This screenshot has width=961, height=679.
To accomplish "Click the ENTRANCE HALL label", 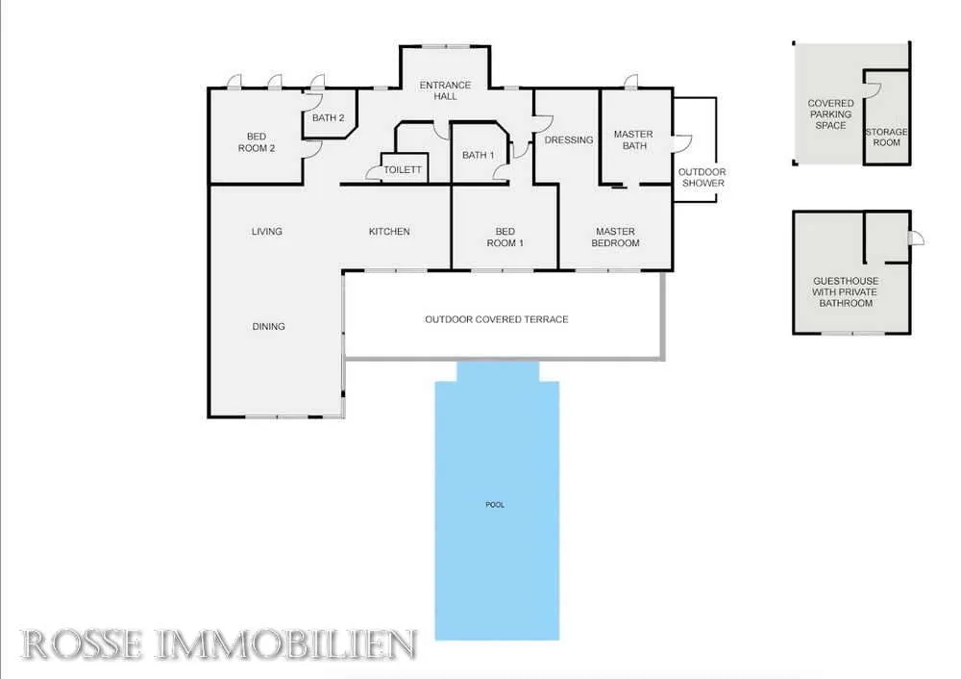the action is [x=445, y=90].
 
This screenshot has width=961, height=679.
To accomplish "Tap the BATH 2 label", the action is [x=328, y=117].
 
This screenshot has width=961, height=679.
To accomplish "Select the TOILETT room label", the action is [x=403, y=170].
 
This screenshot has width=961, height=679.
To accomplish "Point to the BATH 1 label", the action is [x=478, y=155].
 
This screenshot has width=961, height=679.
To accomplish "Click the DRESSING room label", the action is [x=569, y=139].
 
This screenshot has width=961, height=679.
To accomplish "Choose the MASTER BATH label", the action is [x=633, y=139].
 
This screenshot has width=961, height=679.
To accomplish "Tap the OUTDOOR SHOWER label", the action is [x=702, y=177].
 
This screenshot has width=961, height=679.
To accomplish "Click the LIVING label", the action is [x=266, y=231].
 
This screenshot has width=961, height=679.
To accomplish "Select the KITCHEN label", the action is [x=389, y=231].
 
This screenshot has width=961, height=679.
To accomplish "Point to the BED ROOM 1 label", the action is [x=505, y=238].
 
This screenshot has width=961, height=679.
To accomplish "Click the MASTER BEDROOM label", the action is [x=615, y=238].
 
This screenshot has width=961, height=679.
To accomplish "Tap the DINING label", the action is [x=268, y=326].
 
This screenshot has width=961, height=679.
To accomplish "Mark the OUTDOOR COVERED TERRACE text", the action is [x=497, y=319].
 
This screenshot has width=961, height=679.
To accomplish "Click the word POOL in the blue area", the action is [x=495, y=505].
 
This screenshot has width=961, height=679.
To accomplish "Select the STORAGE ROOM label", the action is [x=886, y=137].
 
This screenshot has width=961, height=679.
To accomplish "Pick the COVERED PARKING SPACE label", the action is [x=830, y=114].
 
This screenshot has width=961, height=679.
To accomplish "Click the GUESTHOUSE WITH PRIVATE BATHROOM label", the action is [x=845, y=292].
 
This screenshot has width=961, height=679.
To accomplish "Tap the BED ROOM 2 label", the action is [x=257, y=142].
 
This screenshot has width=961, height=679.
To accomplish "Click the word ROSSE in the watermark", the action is [x=82, y=644].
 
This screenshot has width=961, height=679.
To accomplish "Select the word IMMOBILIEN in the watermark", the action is [x=286, y=644].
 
